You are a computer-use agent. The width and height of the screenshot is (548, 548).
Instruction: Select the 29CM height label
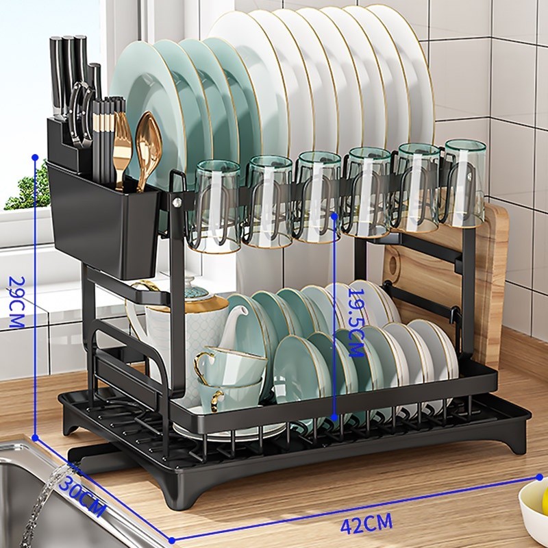tap(16, 303)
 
